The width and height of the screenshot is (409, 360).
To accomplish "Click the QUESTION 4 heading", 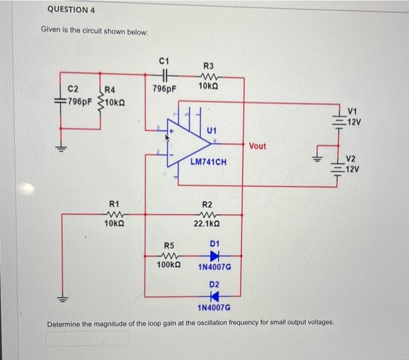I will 72,10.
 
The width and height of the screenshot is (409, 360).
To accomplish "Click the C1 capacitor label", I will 164,60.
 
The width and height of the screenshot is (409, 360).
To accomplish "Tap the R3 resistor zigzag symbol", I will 209,75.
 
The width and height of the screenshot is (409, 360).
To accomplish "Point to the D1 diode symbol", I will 214,256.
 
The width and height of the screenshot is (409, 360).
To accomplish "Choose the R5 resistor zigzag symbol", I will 168,256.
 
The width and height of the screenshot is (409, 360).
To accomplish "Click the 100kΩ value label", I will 168,266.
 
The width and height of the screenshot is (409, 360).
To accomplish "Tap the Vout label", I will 258,146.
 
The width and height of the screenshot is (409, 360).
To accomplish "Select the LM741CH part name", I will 208,160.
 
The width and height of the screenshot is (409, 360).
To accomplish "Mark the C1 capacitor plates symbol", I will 164,74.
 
